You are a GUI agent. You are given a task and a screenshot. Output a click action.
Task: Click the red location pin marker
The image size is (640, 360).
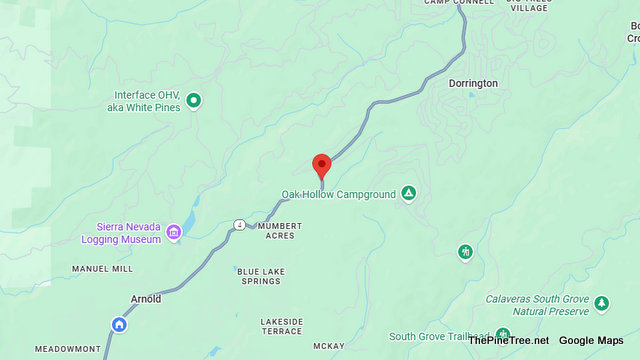pyautogui.click(x=322, y=165)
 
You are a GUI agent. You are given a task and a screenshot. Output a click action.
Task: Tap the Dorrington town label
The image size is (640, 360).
pyautogui.click(x=473, y=83)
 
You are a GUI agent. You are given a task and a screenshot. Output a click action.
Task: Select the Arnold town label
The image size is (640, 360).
pyautogui.click(x=146, y=299)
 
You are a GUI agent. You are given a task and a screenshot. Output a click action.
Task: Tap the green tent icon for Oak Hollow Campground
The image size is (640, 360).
pyautogui.click(x=408, y=192)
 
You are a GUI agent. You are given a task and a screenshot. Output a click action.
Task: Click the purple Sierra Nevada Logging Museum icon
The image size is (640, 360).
pyautogui.click(x=174, y=233)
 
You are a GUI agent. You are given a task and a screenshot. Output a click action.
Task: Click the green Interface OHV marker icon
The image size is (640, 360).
pyautogui.click(x=194, y=100)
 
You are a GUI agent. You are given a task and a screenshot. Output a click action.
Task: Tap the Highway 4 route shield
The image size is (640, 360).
pyautogui.click(x=239, y=223)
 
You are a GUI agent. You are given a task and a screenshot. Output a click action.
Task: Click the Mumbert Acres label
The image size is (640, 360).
pyautogui.click(x=279, y=231)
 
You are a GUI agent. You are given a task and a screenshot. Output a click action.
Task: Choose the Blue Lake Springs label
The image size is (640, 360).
pyautogui.click(x=259, y=276)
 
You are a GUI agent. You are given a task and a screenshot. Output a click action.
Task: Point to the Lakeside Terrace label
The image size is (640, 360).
pyautogui.click(x=281, y=326)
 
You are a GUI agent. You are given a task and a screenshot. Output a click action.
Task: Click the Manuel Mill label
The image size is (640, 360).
pyautogui.click(x=102, y=269)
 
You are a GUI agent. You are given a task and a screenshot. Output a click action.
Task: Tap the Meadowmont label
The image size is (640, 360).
pyautogui.click(x=67, y=349)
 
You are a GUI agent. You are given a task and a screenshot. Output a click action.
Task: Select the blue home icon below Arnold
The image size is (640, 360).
pyautogui.click(x=119, y=324)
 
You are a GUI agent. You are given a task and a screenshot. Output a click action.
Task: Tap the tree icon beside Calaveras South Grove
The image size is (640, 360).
pyautogui.click(x=601, y=302)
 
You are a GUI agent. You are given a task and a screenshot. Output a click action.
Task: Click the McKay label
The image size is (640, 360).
pyautogui.click(x=328, y=347)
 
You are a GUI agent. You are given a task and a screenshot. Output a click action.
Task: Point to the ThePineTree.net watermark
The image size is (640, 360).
pyautogui.click(x=508, y=340)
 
